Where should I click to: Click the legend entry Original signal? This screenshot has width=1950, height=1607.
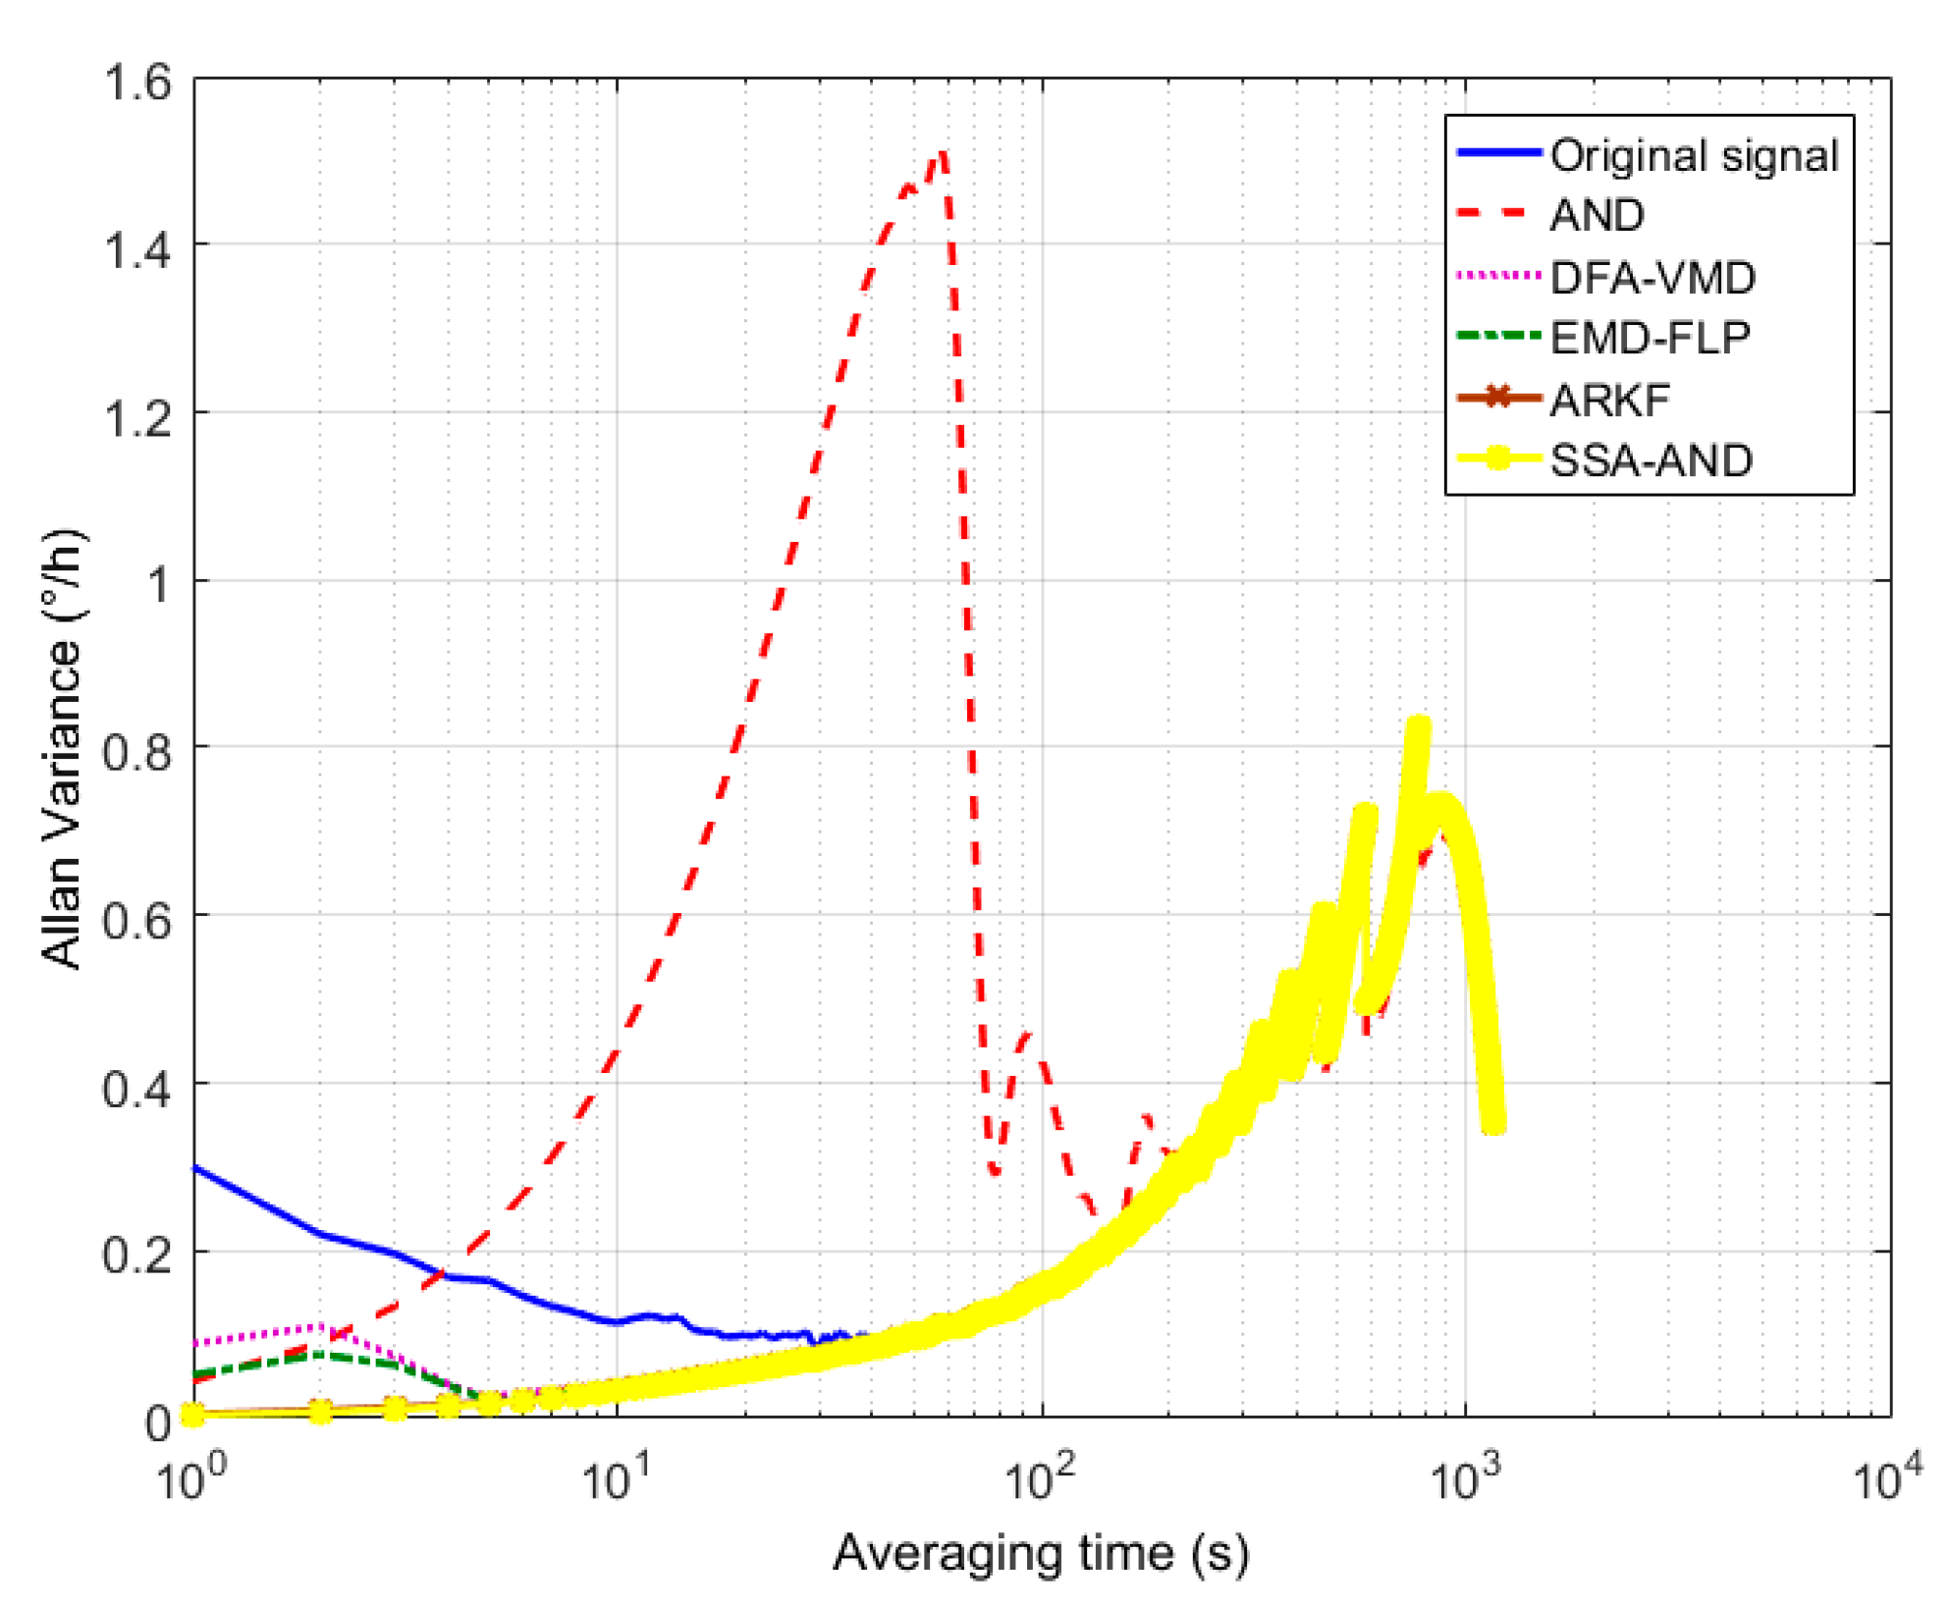1693,155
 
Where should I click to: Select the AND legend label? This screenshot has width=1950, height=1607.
1597,215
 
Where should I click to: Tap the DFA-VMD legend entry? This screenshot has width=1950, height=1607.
1652,278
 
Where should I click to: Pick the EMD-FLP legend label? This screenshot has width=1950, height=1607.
1650,339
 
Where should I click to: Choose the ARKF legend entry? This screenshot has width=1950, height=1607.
1609,400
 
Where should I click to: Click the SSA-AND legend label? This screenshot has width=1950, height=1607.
1651,460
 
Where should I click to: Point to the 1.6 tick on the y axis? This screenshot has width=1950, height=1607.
137,82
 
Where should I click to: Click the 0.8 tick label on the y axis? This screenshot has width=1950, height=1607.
137,752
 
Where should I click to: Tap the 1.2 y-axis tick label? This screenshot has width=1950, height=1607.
137,418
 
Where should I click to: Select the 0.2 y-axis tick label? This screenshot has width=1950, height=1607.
137,1255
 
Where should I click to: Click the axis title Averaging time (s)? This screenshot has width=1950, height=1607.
1041,1553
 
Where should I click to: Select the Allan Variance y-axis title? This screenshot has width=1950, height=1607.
64,750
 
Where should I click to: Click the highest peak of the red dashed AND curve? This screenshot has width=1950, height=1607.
943,153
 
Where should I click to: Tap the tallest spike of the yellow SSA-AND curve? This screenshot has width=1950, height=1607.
1418,726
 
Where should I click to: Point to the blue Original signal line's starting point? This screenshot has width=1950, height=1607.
195,1168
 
